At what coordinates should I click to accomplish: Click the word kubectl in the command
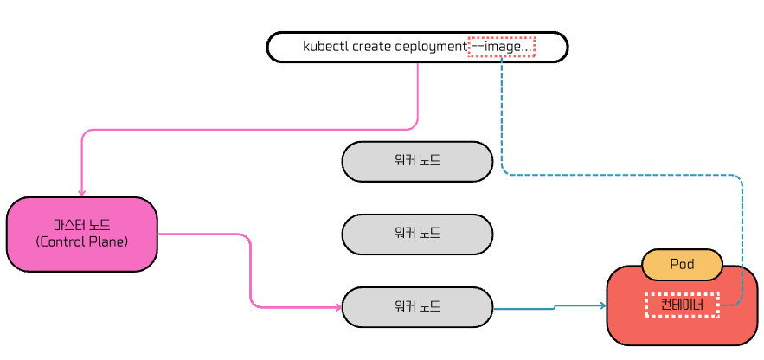click(x=322, y=47)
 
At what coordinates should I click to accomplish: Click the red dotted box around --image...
click(x=501, y=47)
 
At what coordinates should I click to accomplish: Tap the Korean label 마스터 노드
click(x=81, y=225)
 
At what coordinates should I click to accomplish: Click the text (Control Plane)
click(x=82, y=241)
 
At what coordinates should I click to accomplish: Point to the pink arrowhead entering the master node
click(x=81, y=192)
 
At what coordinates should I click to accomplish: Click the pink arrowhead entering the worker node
click(x=337, y=307)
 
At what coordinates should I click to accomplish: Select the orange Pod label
click(x=682, y=265)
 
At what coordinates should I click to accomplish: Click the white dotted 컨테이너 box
click(x=682, y=305)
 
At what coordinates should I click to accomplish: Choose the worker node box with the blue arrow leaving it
click(x=417, y=307)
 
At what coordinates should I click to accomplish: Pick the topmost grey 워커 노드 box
click(x=417, y=161)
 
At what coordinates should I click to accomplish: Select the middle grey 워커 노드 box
click(x=417, y=234)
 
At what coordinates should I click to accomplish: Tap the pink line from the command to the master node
click(x=260, y=130)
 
